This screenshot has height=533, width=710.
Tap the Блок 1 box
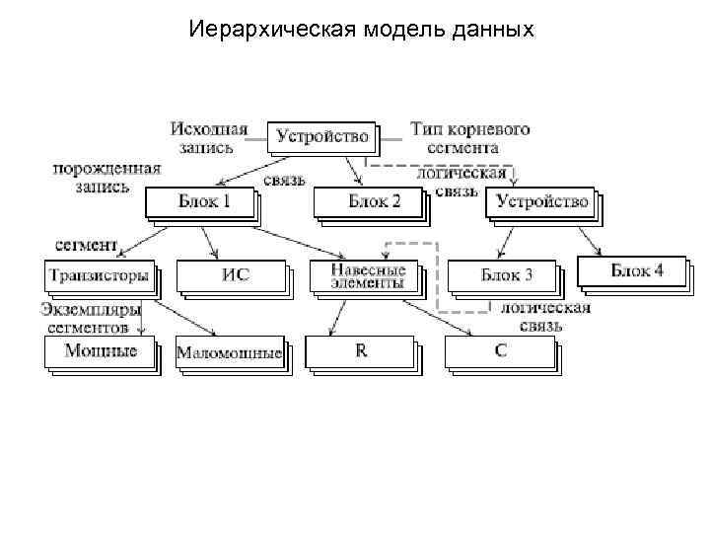point(203,202)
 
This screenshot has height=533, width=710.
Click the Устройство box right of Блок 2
point(541,202)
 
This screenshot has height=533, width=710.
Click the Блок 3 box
point(506,274)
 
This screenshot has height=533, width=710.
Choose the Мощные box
point(100,350)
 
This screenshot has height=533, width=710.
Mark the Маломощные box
point(229,352)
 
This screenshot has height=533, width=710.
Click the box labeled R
point(361,351)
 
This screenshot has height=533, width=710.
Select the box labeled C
point(501,351)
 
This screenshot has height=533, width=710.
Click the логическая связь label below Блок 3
point(544,316)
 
